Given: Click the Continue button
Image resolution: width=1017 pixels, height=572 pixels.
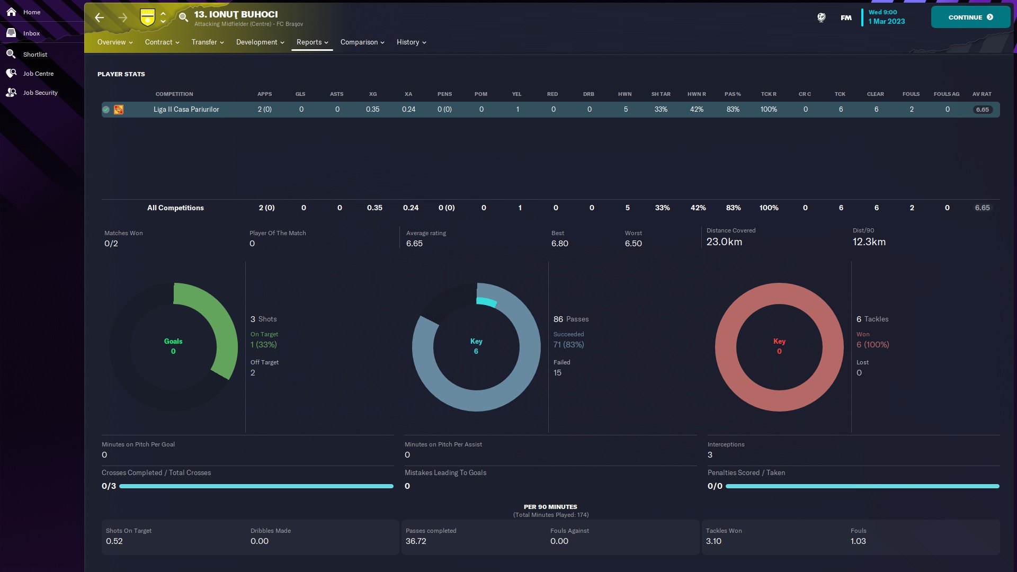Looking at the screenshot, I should pos(970,17).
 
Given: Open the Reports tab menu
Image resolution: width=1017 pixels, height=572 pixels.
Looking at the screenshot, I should pos(312,42).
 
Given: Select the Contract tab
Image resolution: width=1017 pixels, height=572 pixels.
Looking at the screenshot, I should pos(162,42).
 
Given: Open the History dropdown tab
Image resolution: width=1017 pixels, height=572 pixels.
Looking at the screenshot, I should pos(411,42).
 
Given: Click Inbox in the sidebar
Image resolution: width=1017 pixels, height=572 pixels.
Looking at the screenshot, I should pos(31,33).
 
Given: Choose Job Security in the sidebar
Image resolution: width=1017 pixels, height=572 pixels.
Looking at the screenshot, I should pos(40,93).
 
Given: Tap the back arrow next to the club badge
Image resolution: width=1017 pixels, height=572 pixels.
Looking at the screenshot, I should pos(100,18).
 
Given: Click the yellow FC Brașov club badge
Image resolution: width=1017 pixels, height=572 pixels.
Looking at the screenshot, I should pos(147,17).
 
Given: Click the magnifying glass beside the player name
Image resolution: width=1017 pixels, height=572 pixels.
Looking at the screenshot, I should pos(183,17).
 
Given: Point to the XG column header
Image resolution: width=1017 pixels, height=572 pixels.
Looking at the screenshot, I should pos(373,94).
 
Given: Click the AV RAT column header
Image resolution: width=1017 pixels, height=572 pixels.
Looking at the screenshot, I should pos(982,94).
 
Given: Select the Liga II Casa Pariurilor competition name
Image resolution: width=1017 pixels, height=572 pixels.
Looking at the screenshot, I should pos(186,110).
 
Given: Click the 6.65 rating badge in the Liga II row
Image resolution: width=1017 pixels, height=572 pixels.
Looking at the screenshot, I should pos(982,110).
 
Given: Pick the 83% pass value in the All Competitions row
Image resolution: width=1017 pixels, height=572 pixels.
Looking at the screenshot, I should pos(733,208).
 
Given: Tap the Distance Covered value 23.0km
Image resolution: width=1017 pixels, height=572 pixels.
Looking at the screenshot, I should pos(724,242).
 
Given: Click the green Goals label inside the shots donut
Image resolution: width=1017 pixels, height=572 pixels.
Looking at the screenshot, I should pos(173,342).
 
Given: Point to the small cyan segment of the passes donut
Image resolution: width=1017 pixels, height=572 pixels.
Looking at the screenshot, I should pos(487,302).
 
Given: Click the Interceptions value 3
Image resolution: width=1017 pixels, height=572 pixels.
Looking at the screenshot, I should pos(710,455).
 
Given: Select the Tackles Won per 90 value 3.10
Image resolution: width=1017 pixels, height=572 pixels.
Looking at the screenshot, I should pos(713,541).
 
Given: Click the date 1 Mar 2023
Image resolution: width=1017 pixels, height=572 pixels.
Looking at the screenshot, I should pos(887,22).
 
